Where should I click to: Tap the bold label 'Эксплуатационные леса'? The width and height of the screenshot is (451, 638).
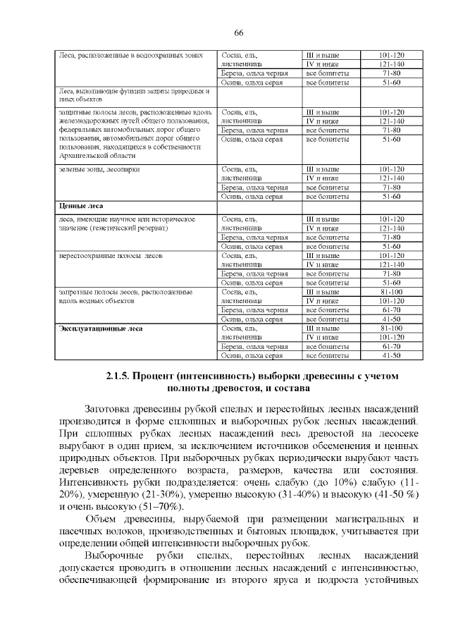pos(100,329)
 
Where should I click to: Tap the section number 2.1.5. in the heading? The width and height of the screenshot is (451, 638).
pos(118,376)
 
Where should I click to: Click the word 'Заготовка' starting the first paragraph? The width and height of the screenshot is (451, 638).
pos(111,410)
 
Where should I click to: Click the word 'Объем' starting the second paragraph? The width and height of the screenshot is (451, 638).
pos(109,520)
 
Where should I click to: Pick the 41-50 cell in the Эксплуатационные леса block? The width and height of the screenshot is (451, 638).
pos(391,356)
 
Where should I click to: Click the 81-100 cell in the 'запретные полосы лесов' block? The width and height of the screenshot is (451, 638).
pos(391,292)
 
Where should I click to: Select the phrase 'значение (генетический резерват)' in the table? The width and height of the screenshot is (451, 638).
pos(113,228)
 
